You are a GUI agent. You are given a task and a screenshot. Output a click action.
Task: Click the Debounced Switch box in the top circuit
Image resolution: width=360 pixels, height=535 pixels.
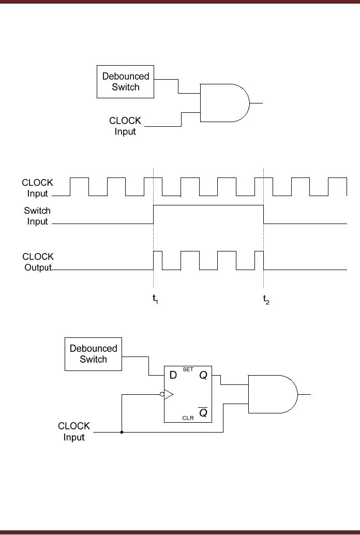126,82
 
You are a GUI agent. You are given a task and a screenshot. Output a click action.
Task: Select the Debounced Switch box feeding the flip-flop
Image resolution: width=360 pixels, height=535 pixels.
93,354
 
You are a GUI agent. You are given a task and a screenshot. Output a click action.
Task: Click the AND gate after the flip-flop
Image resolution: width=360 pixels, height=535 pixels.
272,394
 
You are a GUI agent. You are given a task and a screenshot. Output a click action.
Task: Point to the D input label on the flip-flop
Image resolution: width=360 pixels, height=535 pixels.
174,376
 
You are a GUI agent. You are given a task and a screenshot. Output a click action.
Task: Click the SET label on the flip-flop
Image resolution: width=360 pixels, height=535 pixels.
188,369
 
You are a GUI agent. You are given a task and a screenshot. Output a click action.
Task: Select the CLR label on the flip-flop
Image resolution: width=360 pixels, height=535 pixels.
188,418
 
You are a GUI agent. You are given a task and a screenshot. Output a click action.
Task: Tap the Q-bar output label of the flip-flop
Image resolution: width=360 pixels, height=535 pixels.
203,412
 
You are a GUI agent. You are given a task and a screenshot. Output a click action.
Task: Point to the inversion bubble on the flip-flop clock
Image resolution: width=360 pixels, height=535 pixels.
162,394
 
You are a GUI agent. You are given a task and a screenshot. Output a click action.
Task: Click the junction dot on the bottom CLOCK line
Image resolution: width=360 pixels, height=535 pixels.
122,432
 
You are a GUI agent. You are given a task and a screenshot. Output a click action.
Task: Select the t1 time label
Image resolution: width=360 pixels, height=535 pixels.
155,300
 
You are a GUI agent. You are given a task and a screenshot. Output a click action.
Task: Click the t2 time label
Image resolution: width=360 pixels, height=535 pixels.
266,300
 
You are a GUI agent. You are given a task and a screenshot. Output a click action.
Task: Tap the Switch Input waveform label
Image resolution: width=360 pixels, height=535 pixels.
37,216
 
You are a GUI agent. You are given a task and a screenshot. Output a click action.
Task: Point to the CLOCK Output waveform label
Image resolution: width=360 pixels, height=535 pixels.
38,262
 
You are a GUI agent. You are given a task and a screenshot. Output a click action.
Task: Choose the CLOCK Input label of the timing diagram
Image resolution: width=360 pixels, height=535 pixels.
37,188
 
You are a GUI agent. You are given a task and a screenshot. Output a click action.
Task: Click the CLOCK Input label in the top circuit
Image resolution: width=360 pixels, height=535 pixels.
125,126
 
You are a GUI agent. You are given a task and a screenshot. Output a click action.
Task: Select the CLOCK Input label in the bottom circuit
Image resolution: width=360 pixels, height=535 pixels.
74,432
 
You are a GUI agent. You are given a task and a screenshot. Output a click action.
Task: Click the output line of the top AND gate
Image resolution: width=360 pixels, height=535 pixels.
257,103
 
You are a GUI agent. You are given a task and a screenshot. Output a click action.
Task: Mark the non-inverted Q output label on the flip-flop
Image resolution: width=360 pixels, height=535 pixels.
203,376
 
